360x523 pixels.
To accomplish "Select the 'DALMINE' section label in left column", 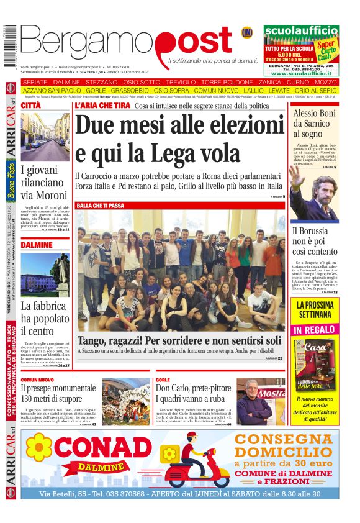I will (x=37, y=245).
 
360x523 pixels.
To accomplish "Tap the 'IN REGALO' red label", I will (x=314, y=329).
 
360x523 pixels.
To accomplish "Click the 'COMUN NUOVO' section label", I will (x=37, y=379).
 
